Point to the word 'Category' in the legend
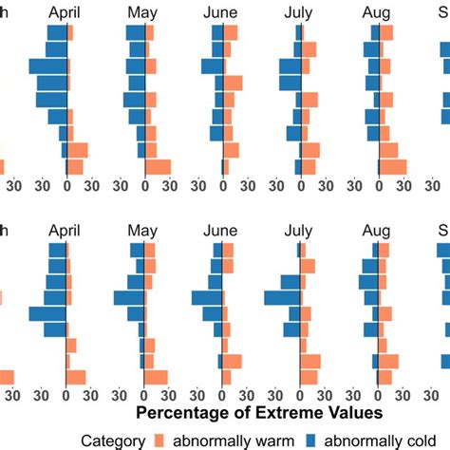coord(112,440)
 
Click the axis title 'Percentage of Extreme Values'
coord(259,413)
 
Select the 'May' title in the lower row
coord(142,230)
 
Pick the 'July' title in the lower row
coord(300,230)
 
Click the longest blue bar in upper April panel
coord(47,66)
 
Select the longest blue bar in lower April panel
coord(47,314)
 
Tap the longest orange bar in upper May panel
coord(158,167)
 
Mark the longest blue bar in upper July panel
coord(290,66)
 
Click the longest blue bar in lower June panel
coord(207,298)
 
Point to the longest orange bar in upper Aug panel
coord(392,167)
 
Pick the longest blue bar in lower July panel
coord(282,298)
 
